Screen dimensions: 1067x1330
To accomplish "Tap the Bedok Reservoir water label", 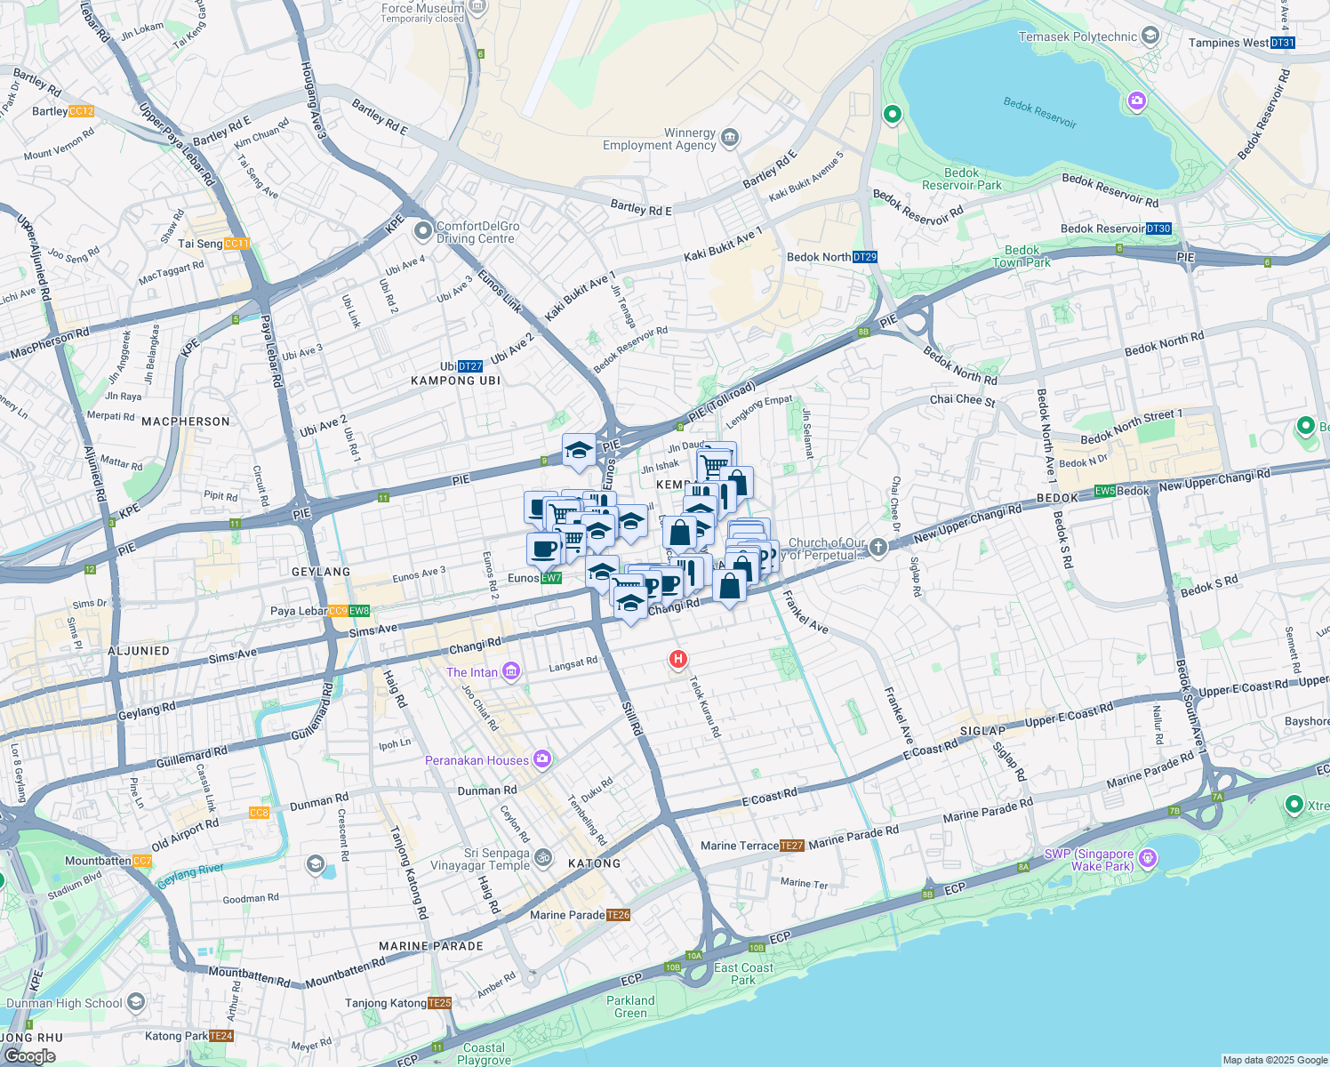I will coord(1039,113).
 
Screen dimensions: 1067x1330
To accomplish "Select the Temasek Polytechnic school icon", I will coord(1150,36).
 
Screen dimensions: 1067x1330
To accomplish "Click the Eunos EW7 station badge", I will coord(551,578).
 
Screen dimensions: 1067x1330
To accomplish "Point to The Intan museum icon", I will coord(511,671).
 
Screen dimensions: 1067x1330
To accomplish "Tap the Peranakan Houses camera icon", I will coord(542,759).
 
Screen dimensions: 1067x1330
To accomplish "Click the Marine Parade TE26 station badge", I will coord(618,915).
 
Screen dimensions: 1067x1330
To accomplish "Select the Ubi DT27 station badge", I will coord(470,366).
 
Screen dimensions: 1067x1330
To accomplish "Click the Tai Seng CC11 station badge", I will coord(237,244).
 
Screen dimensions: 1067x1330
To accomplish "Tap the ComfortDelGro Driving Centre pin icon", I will coord(423,231).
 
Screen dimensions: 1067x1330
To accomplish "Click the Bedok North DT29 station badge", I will coord(865,257).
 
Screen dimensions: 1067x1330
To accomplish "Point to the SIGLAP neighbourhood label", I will coord(981,730).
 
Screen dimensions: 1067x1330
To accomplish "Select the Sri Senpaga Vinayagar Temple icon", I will coord(543,858).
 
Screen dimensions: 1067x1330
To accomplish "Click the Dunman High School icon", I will coord(136,1002).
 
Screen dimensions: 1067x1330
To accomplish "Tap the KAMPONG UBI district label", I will coord(455,381).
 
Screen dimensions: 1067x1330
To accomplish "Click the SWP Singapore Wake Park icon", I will coord(1148,858).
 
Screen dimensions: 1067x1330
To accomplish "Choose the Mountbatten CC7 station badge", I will coord(142,861).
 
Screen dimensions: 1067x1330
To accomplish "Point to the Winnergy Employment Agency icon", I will coord(730,137).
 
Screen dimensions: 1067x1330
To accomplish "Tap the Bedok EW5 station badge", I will coord(1105,491).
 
